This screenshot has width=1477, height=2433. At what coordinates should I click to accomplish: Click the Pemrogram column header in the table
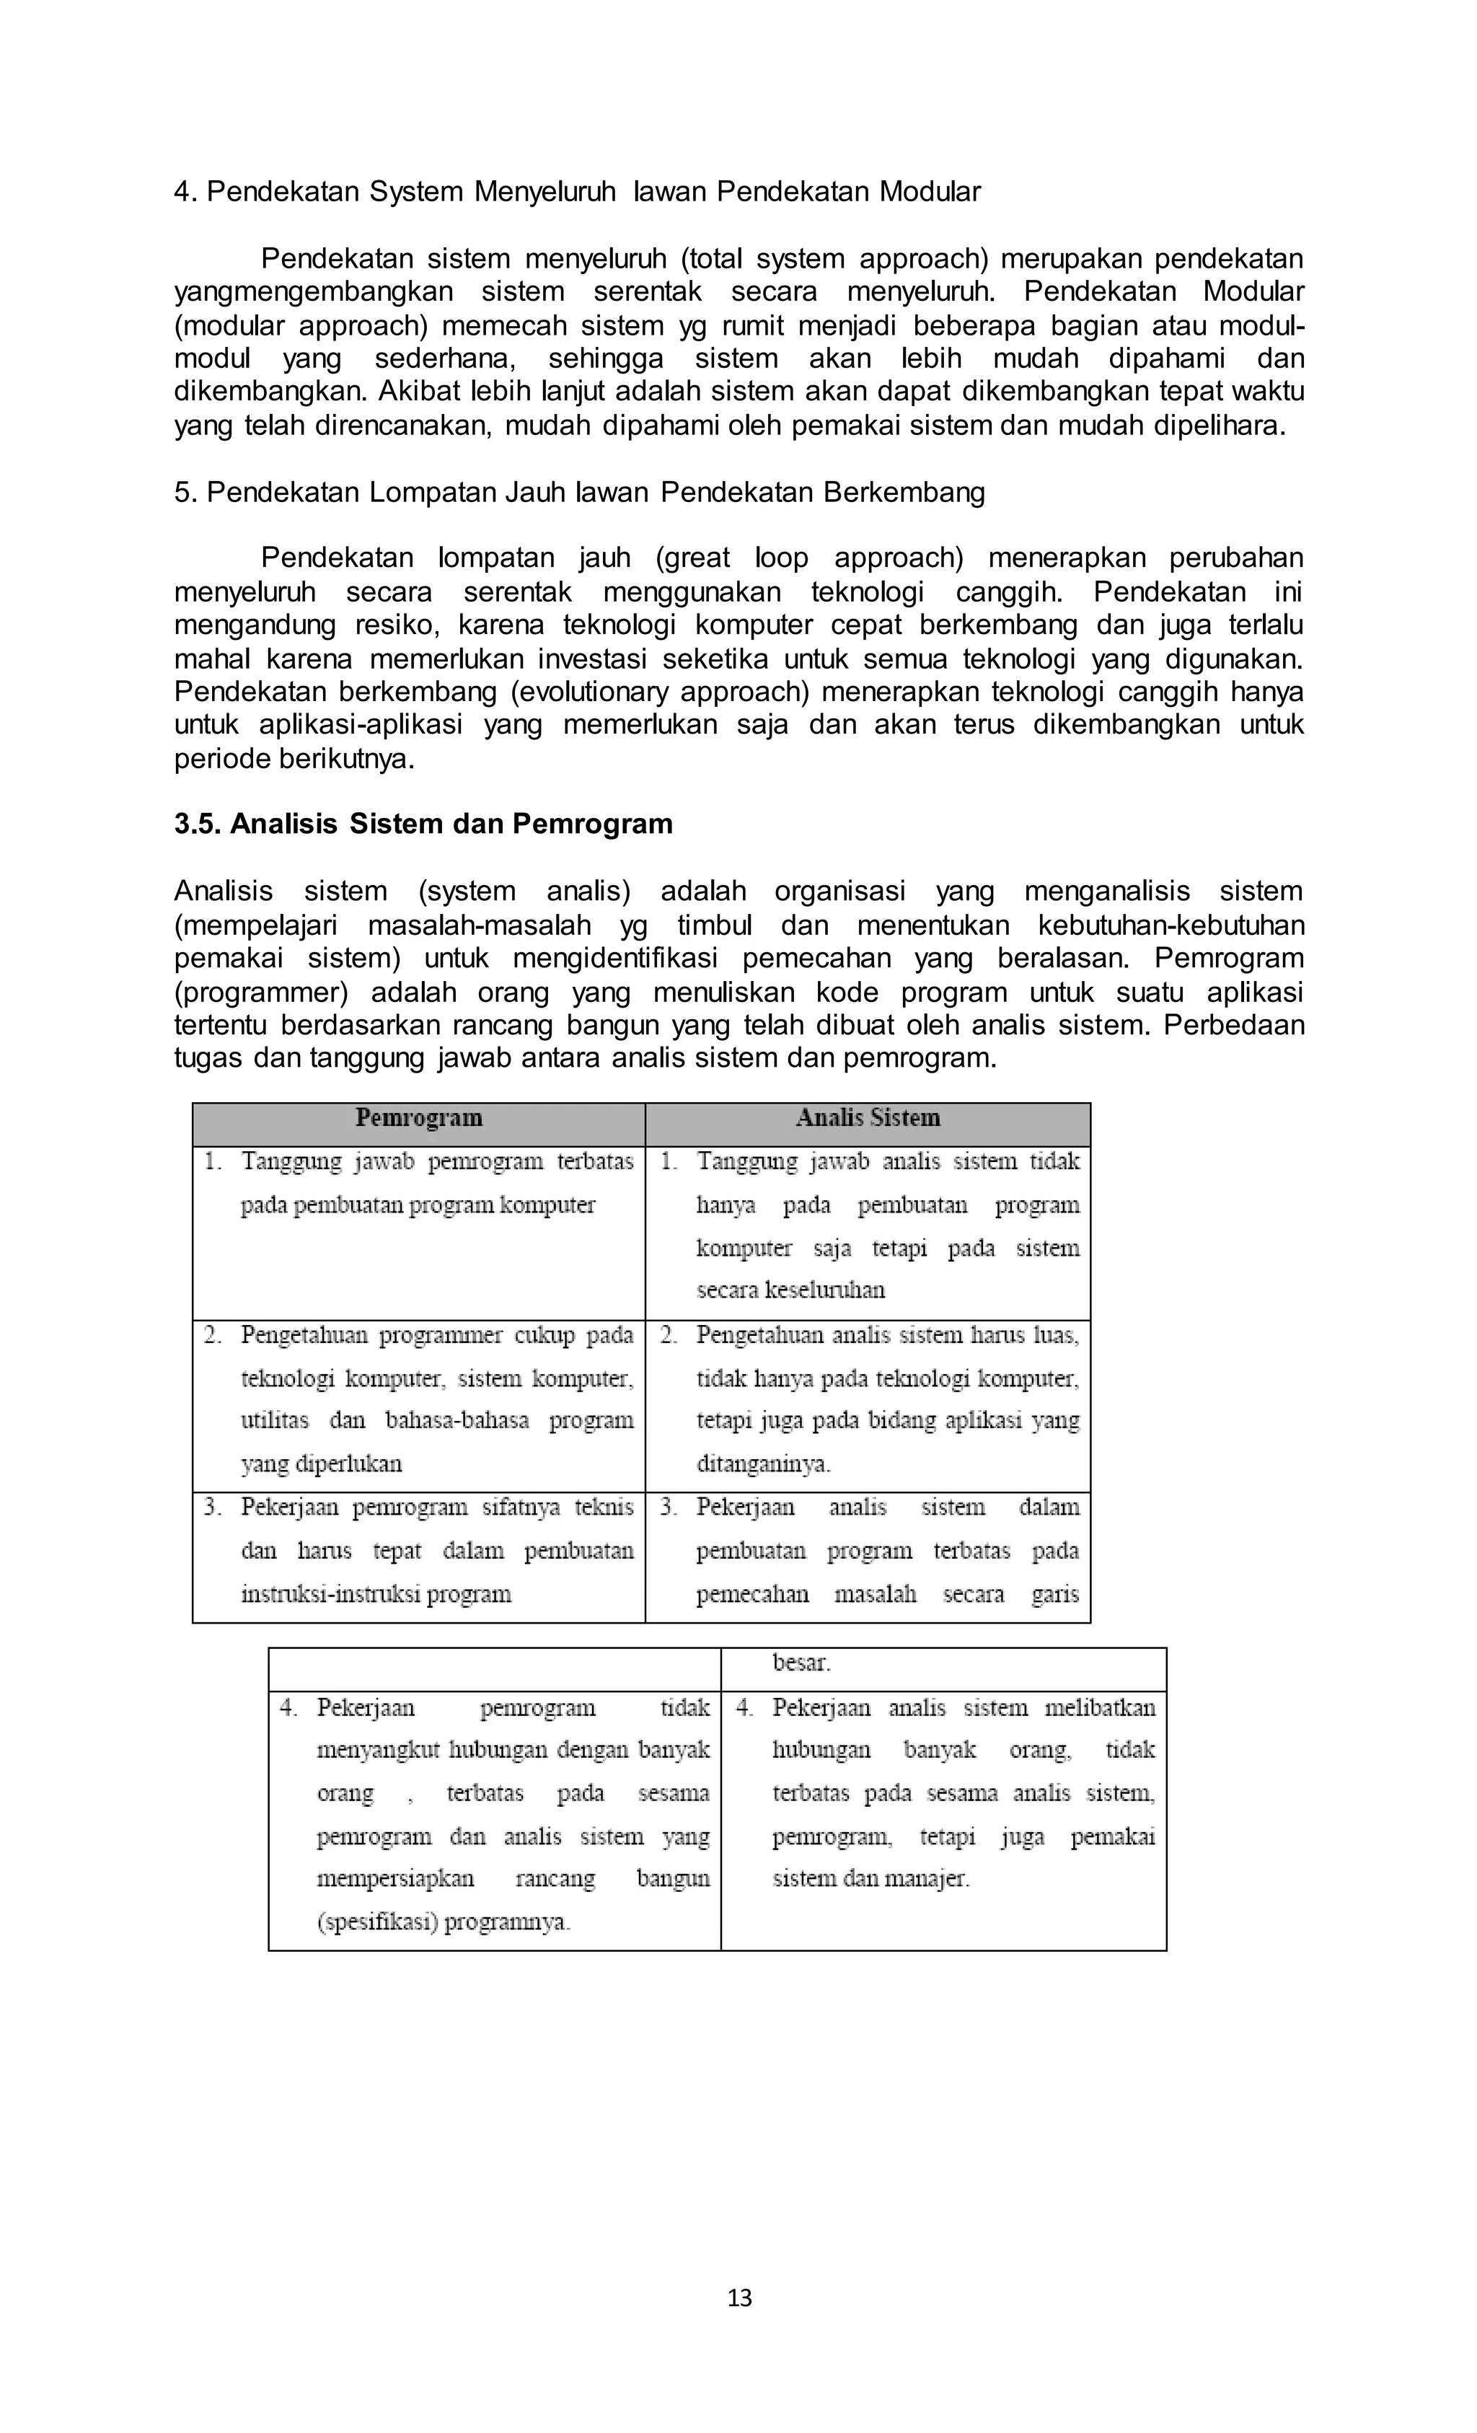418,1118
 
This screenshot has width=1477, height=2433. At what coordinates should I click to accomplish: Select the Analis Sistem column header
868,1118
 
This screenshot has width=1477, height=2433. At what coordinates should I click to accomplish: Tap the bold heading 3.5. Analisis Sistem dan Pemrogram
423,824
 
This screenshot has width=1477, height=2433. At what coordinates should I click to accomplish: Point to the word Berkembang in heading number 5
904,492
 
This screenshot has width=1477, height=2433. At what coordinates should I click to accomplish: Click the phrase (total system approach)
834,259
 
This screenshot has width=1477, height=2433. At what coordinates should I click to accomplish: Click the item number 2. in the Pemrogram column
212,1335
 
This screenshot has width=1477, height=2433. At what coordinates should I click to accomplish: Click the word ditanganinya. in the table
763,1464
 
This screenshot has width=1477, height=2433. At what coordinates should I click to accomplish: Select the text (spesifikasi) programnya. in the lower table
444,1922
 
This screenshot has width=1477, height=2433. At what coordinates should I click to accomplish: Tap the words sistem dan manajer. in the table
870,1878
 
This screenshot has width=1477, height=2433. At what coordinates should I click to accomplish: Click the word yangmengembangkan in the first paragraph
313,292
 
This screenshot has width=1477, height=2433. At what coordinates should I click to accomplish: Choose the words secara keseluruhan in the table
790,1290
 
